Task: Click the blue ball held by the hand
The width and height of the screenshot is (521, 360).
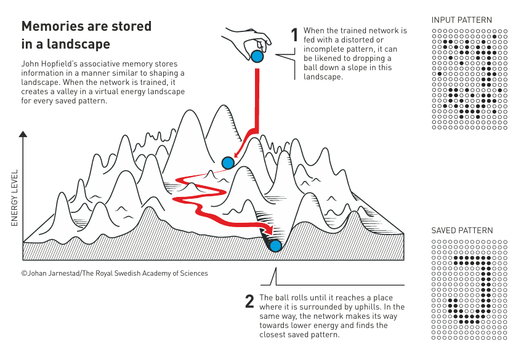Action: click(x=257, y=57)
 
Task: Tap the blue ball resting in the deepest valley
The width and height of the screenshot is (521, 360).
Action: click(x=275, y=246)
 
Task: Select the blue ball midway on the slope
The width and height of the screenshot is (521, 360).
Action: click(x=228, y=163)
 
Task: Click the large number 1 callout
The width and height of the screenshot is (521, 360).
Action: click(x=294, y=35)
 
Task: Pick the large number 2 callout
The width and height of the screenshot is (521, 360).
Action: click(x=249, y=302)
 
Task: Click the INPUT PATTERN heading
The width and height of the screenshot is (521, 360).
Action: click(x=461, y=20)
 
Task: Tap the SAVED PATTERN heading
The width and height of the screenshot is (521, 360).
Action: click(x=462, y=231)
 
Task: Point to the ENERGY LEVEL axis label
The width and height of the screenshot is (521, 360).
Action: click(x=14, y=198)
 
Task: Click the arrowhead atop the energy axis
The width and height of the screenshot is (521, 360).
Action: click(x=23, y=134)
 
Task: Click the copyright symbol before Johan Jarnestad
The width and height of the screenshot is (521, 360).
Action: click(x=24, y=273)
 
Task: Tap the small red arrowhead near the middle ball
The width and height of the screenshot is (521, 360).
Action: click(x=236, y=154)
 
